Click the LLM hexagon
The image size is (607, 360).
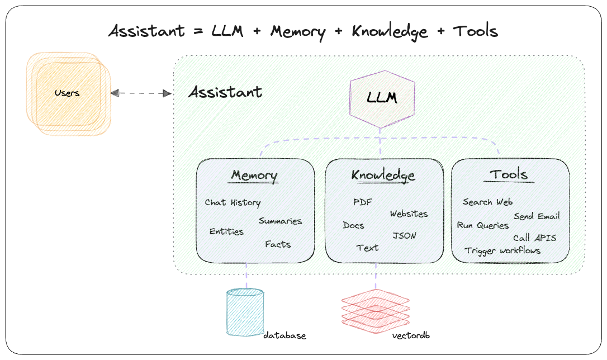click(x=382, y=99)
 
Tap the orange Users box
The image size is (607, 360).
click(x=67, y=93)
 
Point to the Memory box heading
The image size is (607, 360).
click(x=254, y=176)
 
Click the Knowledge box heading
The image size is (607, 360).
click(x=383, y=176)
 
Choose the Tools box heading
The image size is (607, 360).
click(x=509, y=174)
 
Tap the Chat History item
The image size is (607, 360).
click(x=233, y=202)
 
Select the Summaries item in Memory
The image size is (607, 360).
click(x=280, y=221)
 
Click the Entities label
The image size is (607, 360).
click(x=226, y=231)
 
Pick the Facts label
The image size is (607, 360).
click(x=278, y=244)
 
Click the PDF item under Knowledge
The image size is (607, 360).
click(x=362, y=202)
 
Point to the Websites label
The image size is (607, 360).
click(x=409, y=214)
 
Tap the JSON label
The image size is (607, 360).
click(x=404, y=235)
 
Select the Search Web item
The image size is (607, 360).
click(x=487, y=202)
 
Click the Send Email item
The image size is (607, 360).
click(x=537, y=216)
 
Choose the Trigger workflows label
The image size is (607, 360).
click(x=502, y=250)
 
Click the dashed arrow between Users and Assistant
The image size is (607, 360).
click(x=141, y=93)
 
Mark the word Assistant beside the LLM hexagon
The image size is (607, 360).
click(x=225, y=92)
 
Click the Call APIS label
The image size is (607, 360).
click(x=534, y=238)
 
